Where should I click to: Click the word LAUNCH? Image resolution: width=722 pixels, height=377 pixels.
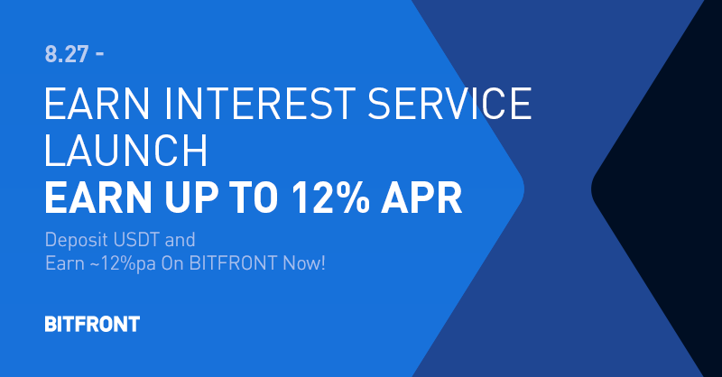coord(126,152)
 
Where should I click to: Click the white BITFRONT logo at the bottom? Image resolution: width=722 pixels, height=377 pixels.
coord(92,324)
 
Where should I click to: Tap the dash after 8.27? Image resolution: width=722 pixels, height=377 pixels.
coord(98,54)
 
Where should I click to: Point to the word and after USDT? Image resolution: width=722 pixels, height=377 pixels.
coord(181,242)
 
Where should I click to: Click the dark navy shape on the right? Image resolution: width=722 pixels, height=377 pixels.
coord(668,189)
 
